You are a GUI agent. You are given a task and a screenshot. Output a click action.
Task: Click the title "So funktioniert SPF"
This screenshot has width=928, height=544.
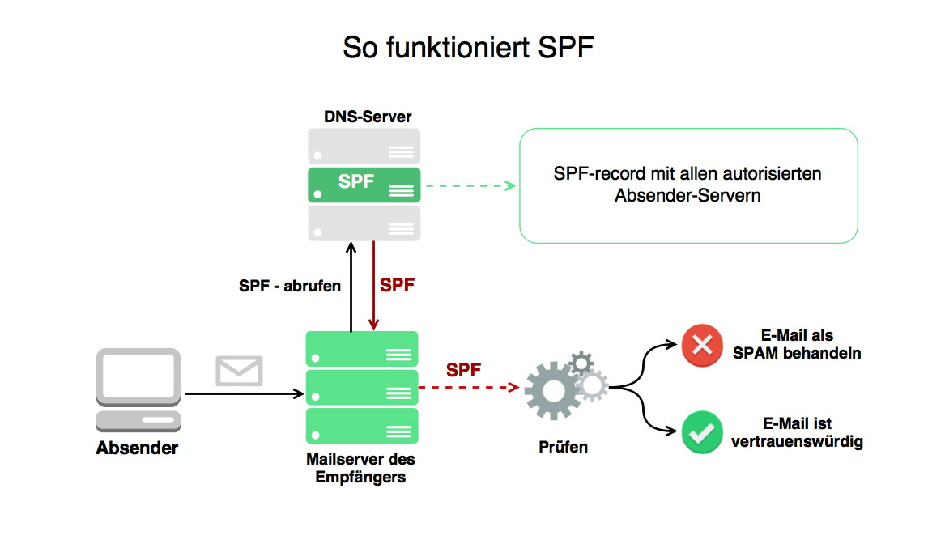coord(468,47)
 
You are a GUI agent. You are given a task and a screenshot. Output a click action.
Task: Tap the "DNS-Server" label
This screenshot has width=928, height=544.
coord(362,117)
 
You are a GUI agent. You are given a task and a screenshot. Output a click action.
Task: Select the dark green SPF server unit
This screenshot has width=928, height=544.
coord(364,185)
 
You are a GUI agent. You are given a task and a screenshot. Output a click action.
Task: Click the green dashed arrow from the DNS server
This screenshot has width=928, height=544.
coord(470,185)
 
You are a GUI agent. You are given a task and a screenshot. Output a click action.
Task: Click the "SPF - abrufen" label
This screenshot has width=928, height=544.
coord(290,286)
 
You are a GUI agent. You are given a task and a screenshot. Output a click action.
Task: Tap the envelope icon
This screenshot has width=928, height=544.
coord(239,371)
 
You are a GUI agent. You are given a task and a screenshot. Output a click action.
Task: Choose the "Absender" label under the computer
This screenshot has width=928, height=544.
coord(138,448)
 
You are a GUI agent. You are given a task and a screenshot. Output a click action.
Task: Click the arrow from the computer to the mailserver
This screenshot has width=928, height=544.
coord(243,394)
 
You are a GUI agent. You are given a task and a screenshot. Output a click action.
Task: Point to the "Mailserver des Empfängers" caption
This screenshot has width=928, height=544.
coord(361,468)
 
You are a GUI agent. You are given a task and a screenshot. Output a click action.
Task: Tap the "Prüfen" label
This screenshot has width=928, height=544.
coord(563,446)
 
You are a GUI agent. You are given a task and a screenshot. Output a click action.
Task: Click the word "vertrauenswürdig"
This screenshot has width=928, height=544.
coord(797,442)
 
